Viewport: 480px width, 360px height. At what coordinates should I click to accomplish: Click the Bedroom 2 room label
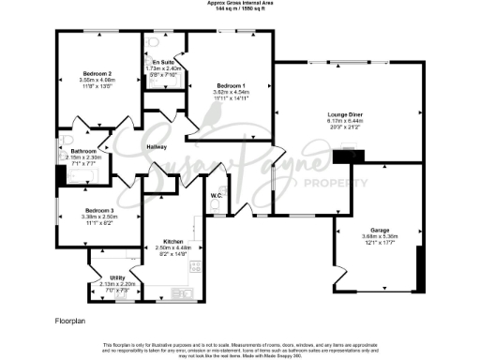[x=97, y=73]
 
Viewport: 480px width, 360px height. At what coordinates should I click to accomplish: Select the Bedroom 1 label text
[x=230, y=86]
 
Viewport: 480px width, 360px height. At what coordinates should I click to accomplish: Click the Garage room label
[x=380, y=230]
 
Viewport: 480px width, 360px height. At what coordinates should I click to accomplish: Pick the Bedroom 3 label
[x=98, y=210]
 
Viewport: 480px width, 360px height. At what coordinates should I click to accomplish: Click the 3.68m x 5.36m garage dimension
[x=380, y=236]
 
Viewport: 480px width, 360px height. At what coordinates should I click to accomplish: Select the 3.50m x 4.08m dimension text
[x=97, y=80]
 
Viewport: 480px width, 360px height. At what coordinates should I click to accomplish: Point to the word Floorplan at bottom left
[x=70, y=320]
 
